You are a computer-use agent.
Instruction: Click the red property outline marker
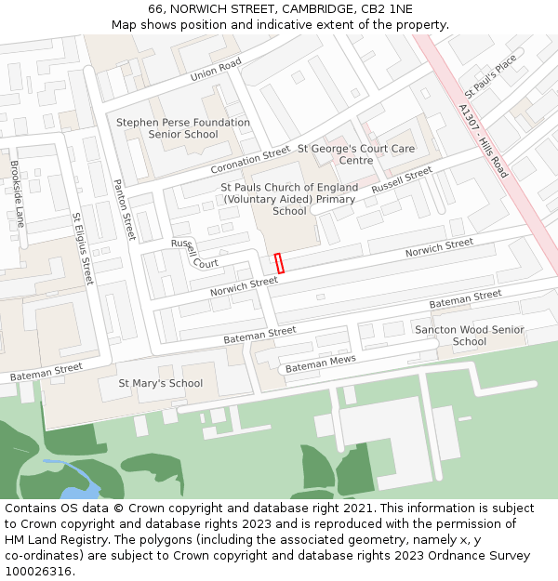(279, 262)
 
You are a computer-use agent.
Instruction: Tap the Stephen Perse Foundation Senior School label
(182, 128)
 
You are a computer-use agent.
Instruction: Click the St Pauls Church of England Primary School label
(289, 199)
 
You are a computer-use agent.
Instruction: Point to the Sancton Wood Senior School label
(470, 336)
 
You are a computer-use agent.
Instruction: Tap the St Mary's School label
(161, 383)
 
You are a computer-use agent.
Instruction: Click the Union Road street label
(216, 69)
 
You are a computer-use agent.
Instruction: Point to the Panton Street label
(125, 210)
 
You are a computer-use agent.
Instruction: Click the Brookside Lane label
(17, 193)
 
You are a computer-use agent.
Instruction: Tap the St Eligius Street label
(83, 248)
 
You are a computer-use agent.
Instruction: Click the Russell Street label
(402, 179)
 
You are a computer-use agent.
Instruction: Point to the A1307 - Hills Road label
(484, 140)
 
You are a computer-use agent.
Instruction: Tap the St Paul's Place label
(490, 77)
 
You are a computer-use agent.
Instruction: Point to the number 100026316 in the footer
(38, 572)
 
